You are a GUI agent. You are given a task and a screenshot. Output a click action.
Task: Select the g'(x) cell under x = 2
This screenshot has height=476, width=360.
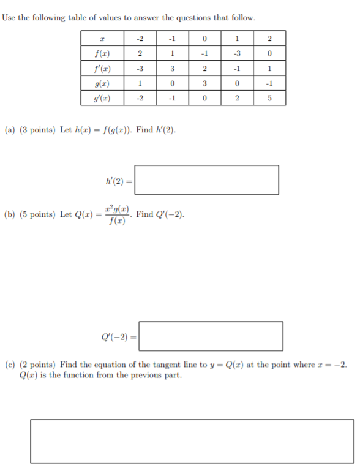click(270, 99)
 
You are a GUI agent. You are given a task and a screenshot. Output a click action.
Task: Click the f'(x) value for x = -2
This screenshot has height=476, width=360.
click(140, 68)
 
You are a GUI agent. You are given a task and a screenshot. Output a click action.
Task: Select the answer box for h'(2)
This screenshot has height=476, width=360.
click(206, 179)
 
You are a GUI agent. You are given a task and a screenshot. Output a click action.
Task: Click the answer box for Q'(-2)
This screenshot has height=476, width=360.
click(211, 336)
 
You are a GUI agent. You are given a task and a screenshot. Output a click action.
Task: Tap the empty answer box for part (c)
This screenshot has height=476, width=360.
click(192, 441)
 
